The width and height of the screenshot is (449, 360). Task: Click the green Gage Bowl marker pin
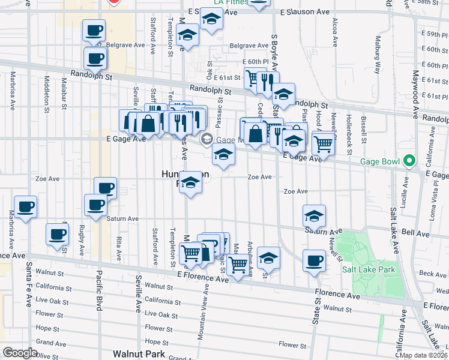(x=409, y=161)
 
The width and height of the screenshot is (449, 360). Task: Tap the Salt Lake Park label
(x=369, y=269)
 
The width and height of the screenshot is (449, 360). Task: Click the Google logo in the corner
(x=20, y=353)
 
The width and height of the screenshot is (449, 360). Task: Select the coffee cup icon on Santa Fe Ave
(x=25, y=208)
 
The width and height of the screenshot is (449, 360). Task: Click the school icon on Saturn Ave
(x=314, y=215)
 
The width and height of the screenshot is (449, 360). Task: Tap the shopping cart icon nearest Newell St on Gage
(x=323, y=143)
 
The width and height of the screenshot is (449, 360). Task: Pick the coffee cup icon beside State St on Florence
(x=314, y=260)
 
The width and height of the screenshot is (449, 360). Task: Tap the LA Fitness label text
(x=228, y=2)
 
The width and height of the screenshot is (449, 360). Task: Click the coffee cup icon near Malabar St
(x=58, y=234)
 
